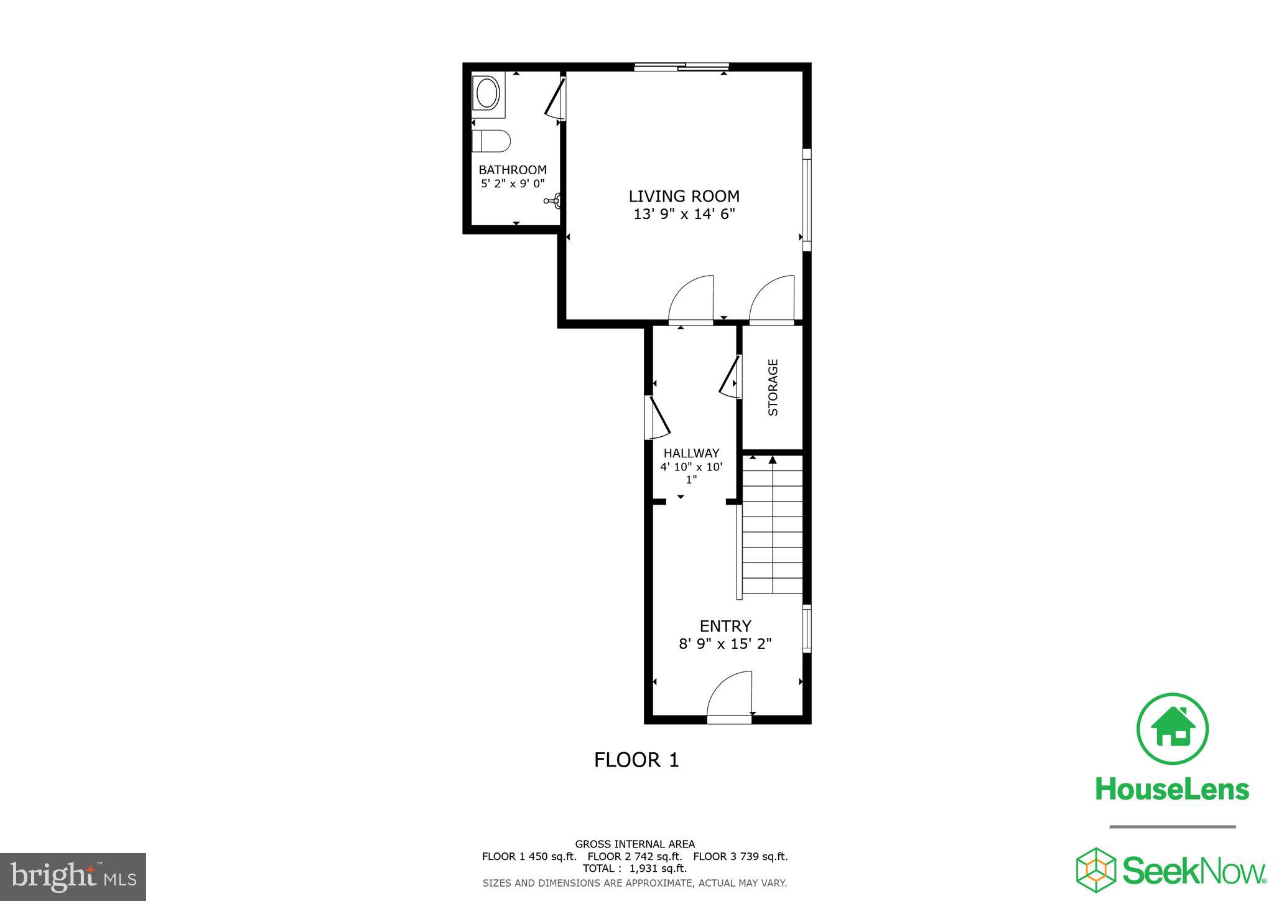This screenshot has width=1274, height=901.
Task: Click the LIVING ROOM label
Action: [x=684, y=196]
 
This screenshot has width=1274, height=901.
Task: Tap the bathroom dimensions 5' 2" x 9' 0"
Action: [x=513, y=184]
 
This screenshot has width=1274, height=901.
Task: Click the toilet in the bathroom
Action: [x=491, y=141]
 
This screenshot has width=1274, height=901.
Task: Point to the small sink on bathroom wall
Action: [x=556, y=200]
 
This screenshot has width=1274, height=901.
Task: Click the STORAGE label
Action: [x=773, y=387]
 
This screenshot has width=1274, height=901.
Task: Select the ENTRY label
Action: [x=725, y=626]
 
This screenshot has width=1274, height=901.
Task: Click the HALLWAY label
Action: [x=691, y=453]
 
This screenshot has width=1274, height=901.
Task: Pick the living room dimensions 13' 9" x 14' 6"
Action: [x=684, y=214]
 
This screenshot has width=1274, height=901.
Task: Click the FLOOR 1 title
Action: [x=636, y=760]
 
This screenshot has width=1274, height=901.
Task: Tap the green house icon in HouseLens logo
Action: [x=1172, y=729]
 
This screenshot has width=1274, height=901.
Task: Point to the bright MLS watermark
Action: [x=73, y=877]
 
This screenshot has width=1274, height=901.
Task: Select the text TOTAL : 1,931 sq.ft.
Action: [x=635, y=868]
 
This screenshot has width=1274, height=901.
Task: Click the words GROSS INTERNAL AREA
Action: [x=635, y=844]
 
